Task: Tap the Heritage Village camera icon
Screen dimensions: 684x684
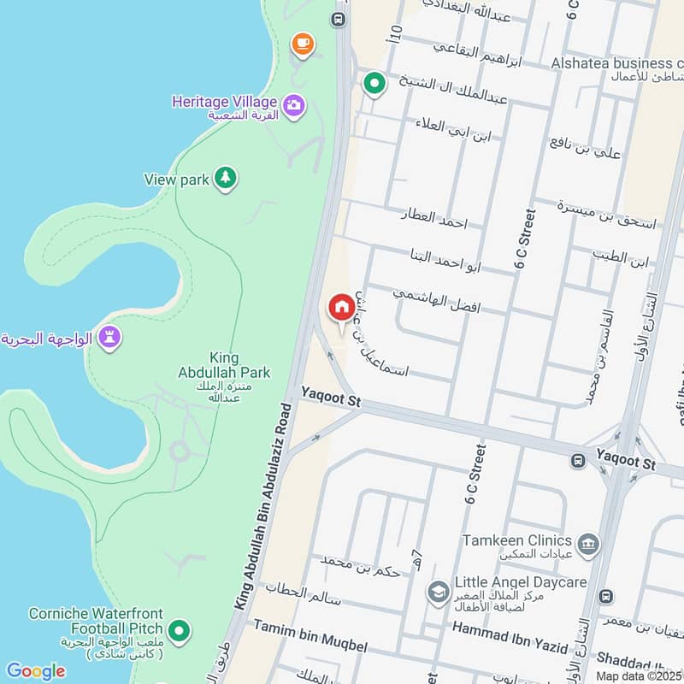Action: pyautogui.click(x=294, y=105)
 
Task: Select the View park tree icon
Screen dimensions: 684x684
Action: pyautogui.click(x=225, y=178)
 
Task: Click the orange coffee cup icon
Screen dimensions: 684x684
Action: pyautogui.click(x=301, y=44)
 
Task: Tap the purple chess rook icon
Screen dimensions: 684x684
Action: pyautogui.click(x=109, y=338)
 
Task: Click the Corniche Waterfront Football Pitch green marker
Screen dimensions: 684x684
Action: pyautogui.click(x=179, y=632)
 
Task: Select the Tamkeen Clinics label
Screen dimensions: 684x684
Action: pyautogui.click(x=516, y=540)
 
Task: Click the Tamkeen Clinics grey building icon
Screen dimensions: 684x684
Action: pyautogui.click(x=587, y=544)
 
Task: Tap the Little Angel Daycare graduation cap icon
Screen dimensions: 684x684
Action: pyautogui.click(x=439, y=591)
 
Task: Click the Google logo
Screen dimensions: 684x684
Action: pyautogui.click(x=35, y=671)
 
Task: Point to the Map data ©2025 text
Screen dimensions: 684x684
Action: pyautogui.click(x=640, y=675)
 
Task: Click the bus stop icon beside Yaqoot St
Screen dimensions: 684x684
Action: pyautogui.click(x=579, y=461)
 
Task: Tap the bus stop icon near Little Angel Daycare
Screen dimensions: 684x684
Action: pyautogui.click(x=606, y=596)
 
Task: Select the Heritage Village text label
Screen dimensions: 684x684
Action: pyautogui.click(x=223, y=102)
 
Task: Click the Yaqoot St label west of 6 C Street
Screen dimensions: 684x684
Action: pyautogui.click(x=332, y=398)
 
